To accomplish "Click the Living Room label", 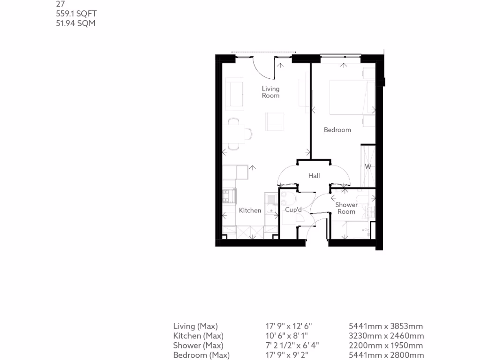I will click(270, 92).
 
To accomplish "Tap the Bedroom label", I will click(337, 130).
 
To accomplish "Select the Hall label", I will click(314, 176).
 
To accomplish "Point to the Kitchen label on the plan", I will click(250, 210).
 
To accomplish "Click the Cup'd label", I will click(293, 210).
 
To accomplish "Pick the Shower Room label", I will click(346, 208).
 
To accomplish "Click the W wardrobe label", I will click(368, 166).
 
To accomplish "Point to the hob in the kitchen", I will click(229, 195).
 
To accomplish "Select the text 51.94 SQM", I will click(75, 23).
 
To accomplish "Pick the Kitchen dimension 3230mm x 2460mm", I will click(386, 336).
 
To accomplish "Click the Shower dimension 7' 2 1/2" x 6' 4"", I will click(292, 345).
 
